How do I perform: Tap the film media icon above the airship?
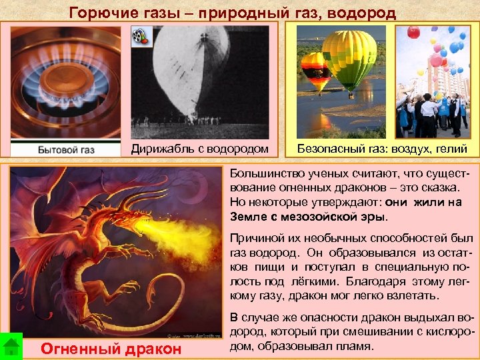tap(140, 37)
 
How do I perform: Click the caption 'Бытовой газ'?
tap(66, 149)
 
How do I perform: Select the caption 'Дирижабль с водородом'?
tap(199, 149)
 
